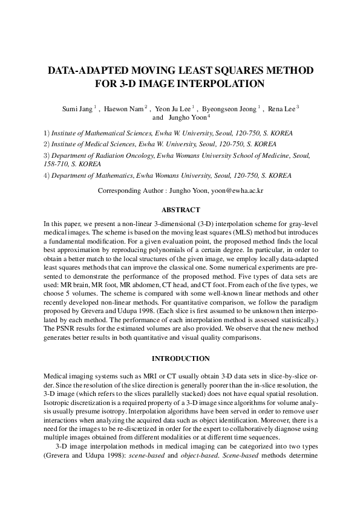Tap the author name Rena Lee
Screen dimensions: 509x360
pos(281,109)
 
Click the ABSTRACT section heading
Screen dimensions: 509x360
pos(180,210)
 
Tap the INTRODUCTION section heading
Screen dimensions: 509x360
pos(180,358)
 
